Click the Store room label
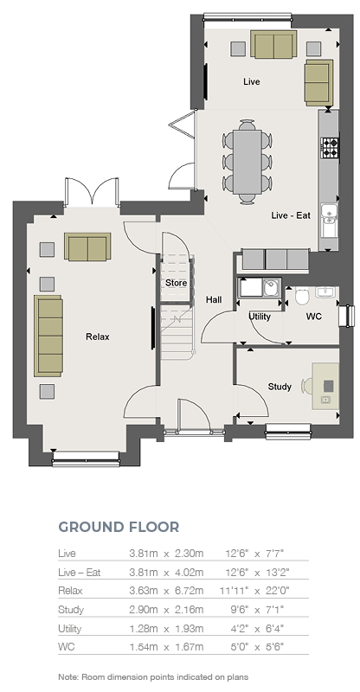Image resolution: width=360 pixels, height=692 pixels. pos(176,283)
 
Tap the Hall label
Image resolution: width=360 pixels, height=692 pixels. pos(214,299)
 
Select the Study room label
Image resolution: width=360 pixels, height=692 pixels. pos(280,387)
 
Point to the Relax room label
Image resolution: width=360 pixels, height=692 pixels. pos(97,336)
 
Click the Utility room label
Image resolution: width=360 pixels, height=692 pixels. pos(260,317)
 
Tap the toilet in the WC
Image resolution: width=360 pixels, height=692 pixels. pos(303,297)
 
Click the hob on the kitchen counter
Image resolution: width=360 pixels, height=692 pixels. pos(330,148)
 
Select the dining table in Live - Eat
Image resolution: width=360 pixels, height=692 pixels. pos(247,161)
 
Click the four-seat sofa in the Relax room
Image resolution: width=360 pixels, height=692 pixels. pos(48,336)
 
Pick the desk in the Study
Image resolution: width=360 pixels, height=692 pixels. pos(325,386)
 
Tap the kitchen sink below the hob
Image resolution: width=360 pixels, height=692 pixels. pos(329,221)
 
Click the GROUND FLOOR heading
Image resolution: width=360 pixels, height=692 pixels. pos(119,527)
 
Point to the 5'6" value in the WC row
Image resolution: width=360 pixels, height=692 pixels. pos(274,647)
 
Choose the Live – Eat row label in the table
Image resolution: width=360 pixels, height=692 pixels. pos(80,573)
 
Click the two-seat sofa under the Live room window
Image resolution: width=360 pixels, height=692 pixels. pos(273,44)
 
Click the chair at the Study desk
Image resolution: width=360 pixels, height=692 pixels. pos(307,386)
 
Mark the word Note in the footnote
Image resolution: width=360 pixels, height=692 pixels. pos(68,676)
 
